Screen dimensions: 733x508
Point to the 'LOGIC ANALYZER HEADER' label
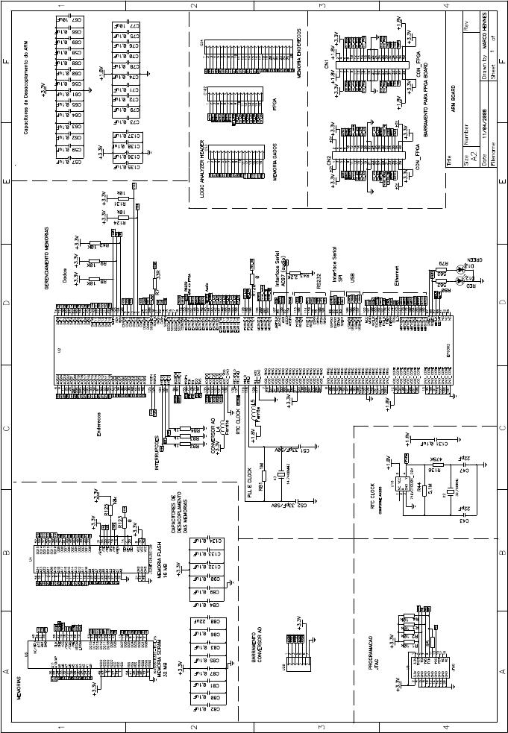(x=202, y=169)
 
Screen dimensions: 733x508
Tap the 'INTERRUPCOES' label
(x=157, y=450)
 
